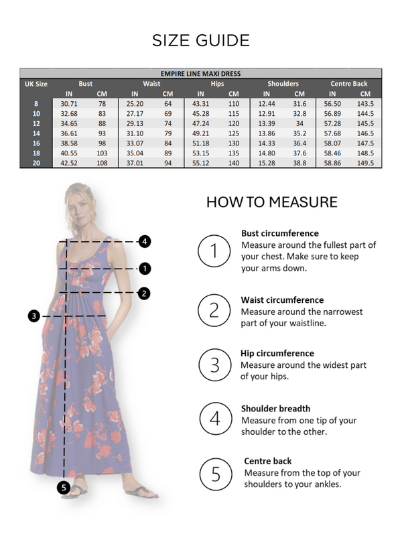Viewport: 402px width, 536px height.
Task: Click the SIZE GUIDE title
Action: pyautogui.click(x=201, y=40)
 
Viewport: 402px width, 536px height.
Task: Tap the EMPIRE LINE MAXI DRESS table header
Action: pyautogui.click(x=201, y=73)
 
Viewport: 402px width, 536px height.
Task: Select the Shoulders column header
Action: pyautogui.click(x=283, y=84)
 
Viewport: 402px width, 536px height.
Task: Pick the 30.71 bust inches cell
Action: pyautogui.click(x=70, y=104)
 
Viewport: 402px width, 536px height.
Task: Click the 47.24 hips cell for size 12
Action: pyautogui.click(x=201, y=123)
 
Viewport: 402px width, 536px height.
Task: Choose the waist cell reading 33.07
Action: pyautogui.click(x=135, y=143)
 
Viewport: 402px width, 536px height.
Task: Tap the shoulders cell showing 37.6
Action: pyautogui.click(x=299, y=153)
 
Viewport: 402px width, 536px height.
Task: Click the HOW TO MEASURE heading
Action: pyautogui.click(x=272, y=202)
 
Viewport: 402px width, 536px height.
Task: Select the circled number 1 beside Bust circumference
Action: pyautogui.click(x=214, y=251)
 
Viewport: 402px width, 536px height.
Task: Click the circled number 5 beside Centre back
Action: pyautogui.click(x=214, y=474)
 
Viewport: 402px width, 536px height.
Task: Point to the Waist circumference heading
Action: pyautogui.click(x=282, y=300)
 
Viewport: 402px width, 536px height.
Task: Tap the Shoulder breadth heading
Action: pyautogui.click(x=275, y=408)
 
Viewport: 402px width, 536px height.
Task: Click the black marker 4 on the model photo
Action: pyautogui.click(x=145, y=241)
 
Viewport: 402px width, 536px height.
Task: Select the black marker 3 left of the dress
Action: pyautogui.click(x=34, y=316)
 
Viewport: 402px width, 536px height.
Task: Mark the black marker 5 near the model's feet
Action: pyautogui.click(x=64, y=488)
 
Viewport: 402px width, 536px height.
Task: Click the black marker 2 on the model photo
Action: pyautogui.click(x=145, y=293)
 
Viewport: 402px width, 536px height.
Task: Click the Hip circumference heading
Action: pyautogui.click(x=277, y=353)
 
